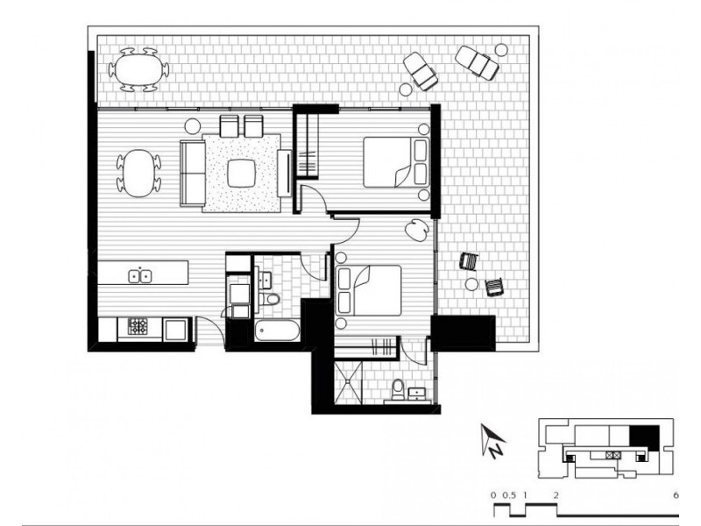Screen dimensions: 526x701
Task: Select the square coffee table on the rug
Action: pos(243,173)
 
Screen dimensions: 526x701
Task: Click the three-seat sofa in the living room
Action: pos(192,170)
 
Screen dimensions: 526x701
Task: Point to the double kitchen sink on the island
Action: pos(139,276)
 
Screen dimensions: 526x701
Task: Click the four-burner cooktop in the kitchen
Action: pos(139,327)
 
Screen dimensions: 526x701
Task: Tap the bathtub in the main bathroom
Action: pos(278,331)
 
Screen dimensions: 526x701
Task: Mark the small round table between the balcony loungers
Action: pos(501,50)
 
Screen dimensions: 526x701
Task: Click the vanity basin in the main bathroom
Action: pos(266,280)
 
